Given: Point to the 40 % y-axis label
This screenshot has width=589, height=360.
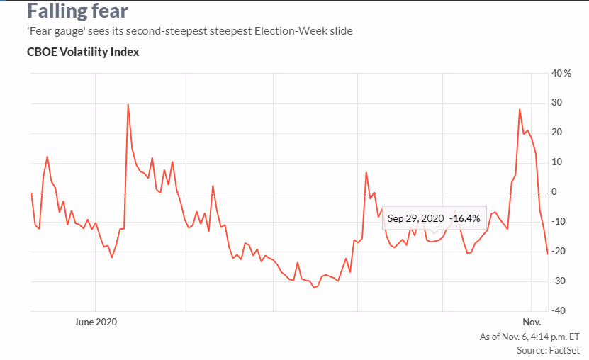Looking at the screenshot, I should (561, 74).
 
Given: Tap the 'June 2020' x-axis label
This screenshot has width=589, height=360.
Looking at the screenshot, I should (95, 321).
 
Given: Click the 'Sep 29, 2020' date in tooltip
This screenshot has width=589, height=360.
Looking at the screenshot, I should (416, 218).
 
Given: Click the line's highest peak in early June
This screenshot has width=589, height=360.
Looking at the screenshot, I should (128, 105).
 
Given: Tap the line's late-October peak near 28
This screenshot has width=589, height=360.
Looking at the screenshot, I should (520, 109).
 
